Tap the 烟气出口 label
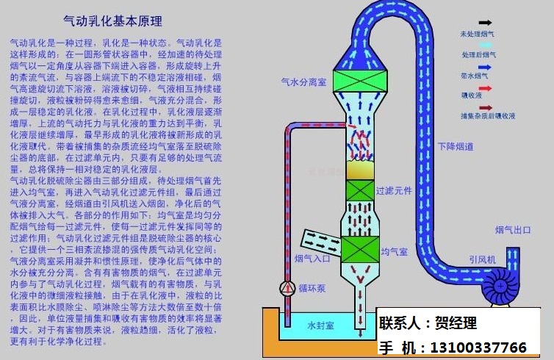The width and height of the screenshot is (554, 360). coord(513,231)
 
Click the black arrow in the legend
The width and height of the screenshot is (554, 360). coord(486,23)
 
